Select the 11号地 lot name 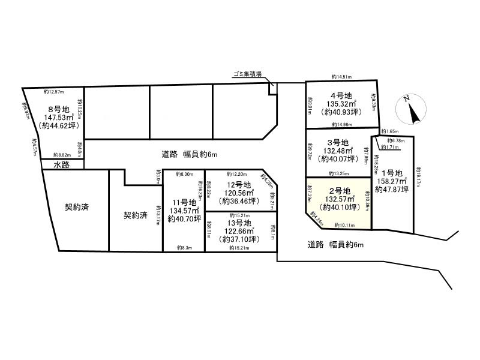[x=182, y=202]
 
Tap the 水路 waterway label [x=62, y=164]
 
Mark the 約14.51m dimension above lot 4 [x=342, y=77]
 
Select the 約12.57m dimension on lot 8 [x=54, y=92]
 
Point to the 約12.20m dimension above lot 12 [x=238, y=173]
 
